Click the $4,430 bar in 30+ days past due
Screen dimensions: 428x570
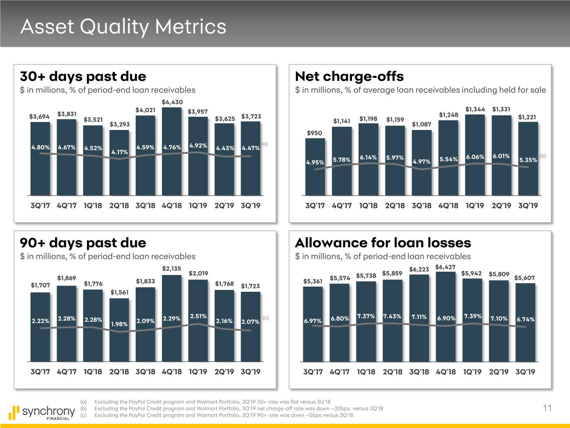[x=172, y=150]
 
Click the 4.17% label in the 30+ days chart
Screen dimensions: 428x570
[x=119, y=152]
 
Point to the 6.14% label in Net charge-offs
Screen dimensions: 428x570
[x=368, y=158]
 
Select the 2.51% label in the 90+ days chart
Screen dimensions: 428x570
[x=198, y=316]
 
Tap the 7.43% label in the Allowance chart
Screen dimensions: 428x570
[x=392, y=316]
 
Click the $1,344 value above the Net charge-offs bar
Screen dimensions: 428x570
[x=475, y=110]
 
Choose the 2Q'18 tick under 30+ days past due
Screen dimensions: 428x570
[x=119, y=206]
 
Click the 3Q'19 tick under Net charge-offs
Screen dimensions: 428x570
[x=528, y=206]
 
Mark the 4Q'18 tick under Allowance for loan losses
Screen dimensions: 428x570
[x=446, y=372]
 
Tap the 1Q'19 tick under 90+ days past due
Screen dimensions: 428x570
[x=198, y=372]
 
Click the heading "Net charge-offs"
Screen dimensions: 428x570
[x=349, y=76]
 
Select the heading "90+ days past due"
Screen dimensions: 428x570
[x=83, y=243]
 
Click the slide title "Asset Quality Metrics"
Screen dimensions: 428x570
[x=123, y=27]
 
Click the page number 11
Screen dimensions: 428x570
[x=547, y=408]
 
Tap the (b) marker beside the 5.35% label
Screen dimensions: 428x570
[x=542, y=156]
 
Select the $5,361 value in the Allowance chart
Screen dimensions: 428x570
[x=313, y=281]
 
